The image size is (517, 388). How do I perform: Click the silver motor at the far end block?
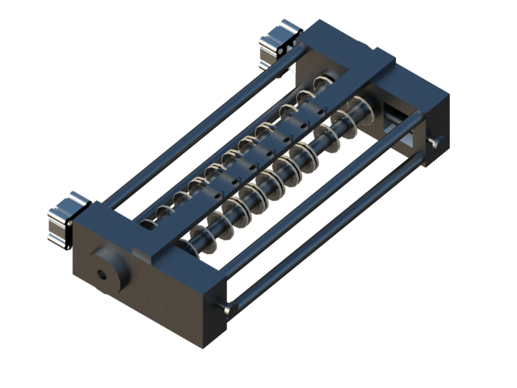pos(279,43)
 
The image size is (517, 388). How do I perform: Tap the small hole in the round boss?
pos(102,274)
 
